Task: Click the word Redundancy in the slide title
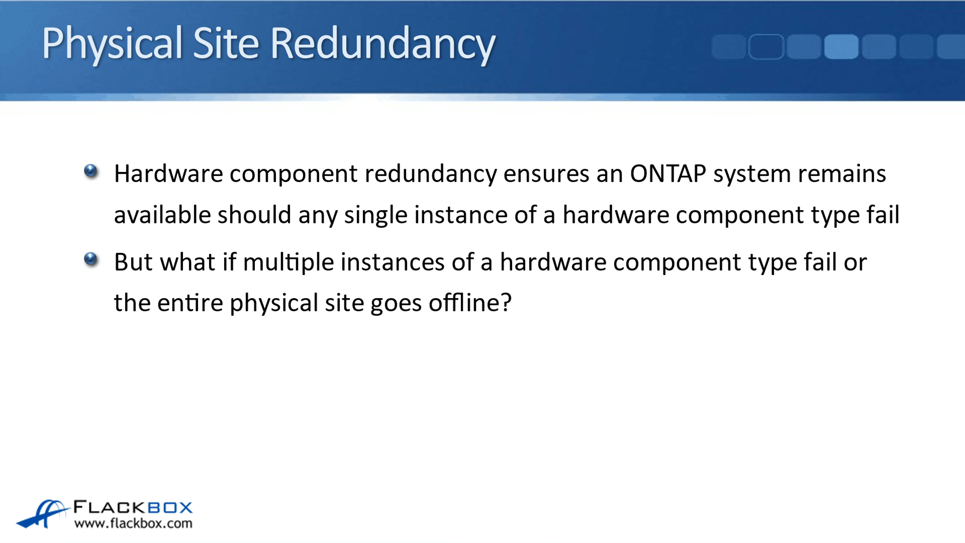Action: (x=383, y=44)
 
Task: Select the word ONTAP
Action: (x=668, y=173)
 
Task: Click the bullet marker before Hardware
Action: (x=91, y=171)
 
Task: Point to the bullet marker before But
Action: (x=91, y=259)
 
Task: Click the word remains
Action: (x=842, y=173)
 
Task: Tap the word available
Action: (x=163, y=215)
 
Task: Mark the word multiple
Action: (x=288, y=263)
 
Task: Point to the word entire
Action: (x=190, y=303)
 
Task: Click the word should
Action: (x=254, y=215)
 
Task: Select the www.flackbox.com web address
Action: (x=133, y=523)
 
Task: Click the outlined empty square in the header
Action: (x=766, y=47)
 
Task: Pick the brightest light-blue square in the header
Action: (x=841, y=47)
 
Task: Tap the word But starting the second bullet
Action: (x=133, y=262)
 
